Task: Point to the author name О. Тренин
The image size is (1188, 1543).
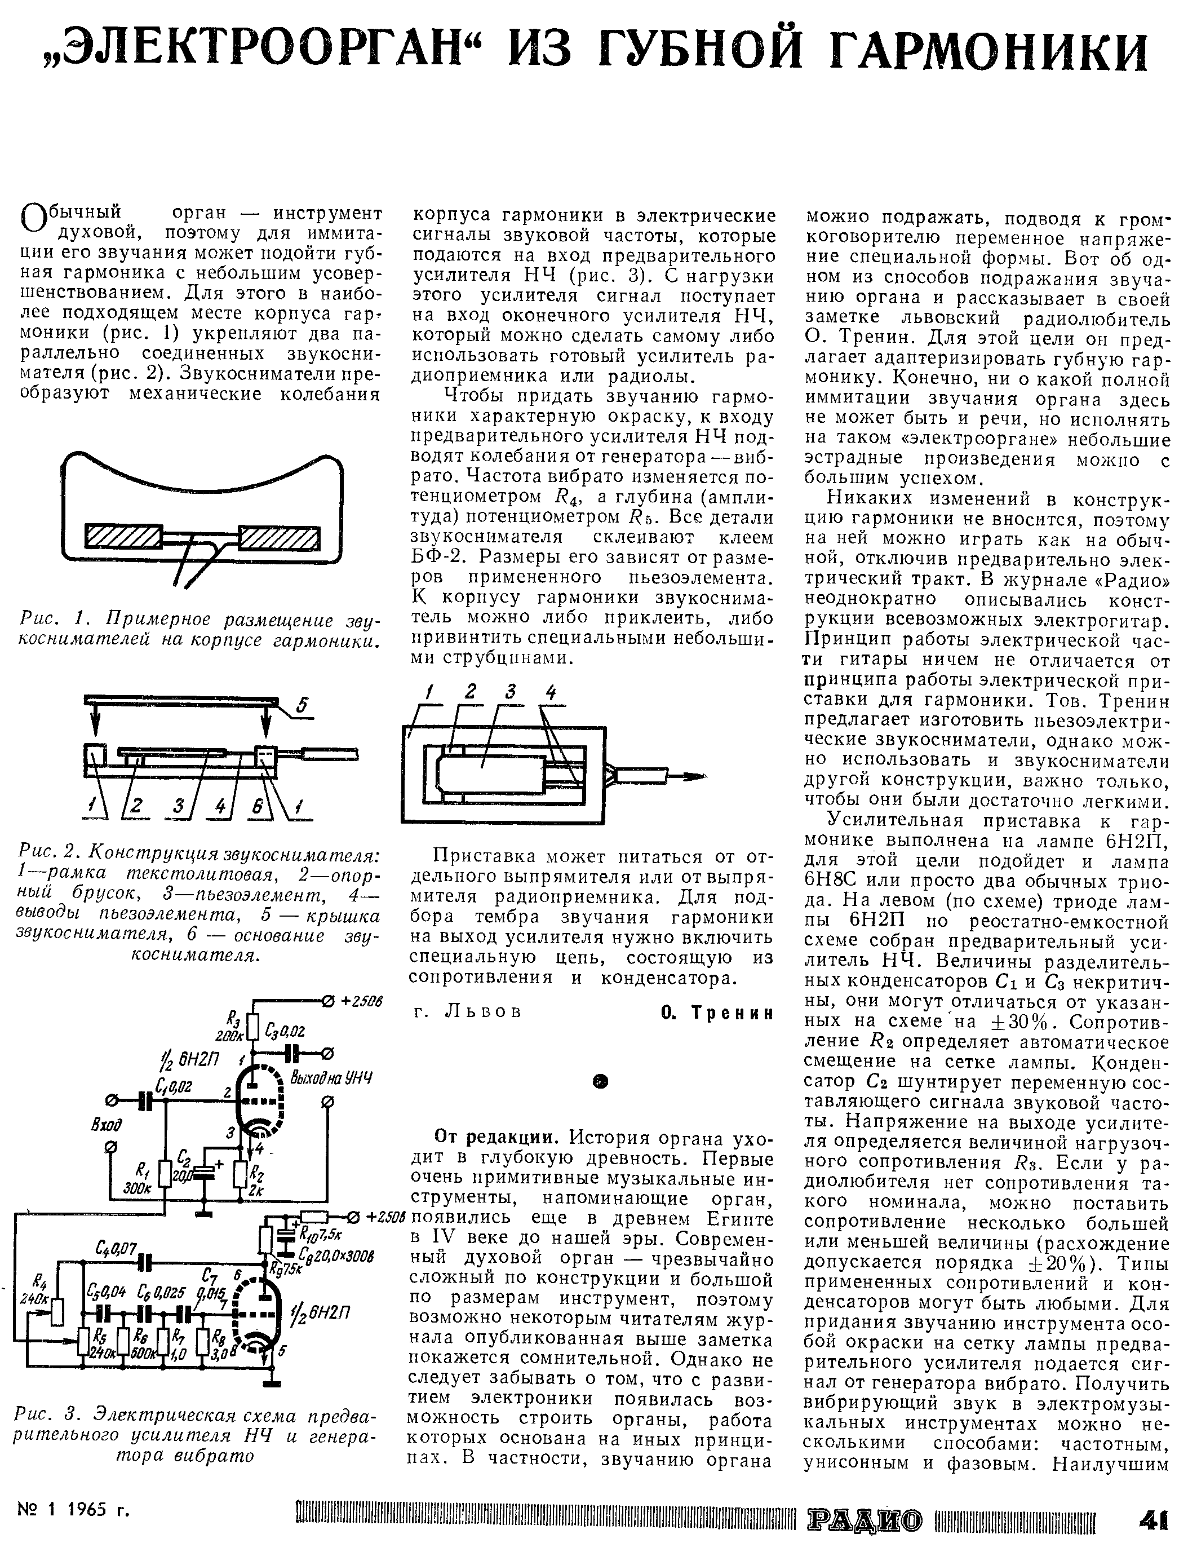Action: [717, 1013]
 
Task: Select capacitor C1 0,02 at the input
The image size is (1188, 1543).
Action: [146, 1100]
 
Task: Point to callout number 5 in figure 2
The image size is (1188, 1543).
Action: [302, 704]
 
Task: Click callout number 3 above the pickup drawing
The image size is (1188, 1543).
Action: [510, 694]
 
